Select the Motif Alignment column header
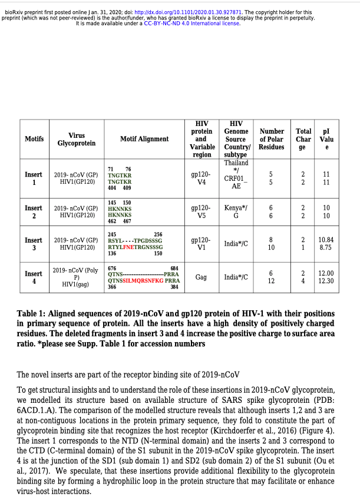coord(144,139)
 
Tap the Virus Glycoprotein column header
coord(77,139)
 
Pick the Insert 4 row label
coord(34,277)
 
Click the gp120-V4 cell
coord(202,179)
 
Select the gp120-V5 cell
coord(202,212)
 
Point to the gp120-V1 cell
coord(202,244)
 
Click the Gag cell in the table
coord(201,277)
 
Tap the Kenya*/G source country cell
coord(236,212)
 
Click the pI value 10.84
coord(326,240)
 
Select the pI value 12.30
coord(326,281)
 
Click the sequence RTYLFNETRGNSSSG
coord(135,247)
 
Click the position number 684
coord(174,268)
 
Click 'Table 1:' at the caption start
coord(35,313)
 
